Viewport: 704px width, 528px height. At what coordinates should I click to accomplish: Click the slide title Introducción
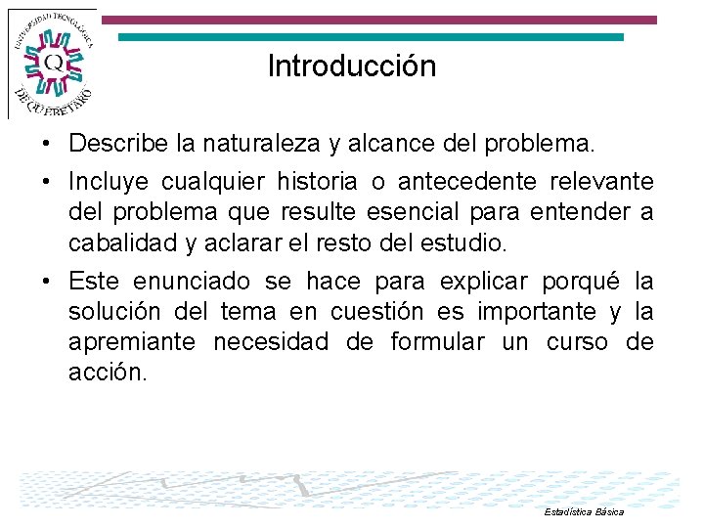pyautogui.click(x=352, y=66)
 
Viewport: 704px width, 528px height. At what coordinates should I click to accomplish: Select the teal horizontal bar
pyautogui.click(x=371, y=37)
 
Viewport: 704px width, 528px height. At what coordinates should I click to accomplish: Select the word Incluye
pyautogui.click(x=109, y=182)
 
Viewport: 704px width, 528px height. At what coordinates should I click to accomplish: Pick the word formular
pyautogui.click(x=436, y=342)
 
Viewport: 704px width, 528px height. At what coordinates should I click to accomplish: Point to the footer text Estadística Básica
pyautogui.click(x=583, y=511)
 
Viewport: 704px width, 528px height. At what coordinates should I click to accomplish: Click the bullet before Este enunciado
pyautogui.click(x=47, y=283)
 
